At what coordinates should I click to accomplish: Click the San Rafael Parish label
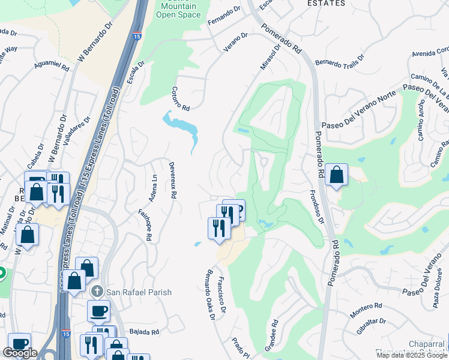click(x=139, y=292)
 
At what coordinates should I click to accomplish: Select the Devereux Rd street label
click(x=172, y=179)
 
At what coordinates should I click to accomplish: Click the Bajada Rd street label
click(x=145, y=332)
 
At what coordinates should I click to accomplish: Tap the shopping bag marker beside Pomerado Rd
click(x=337, y=175)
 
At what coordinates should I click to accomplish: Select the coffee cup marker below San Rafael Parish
click(x=99, y=311)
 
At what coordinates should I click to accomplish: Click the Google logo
click(x=20, y=353)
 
